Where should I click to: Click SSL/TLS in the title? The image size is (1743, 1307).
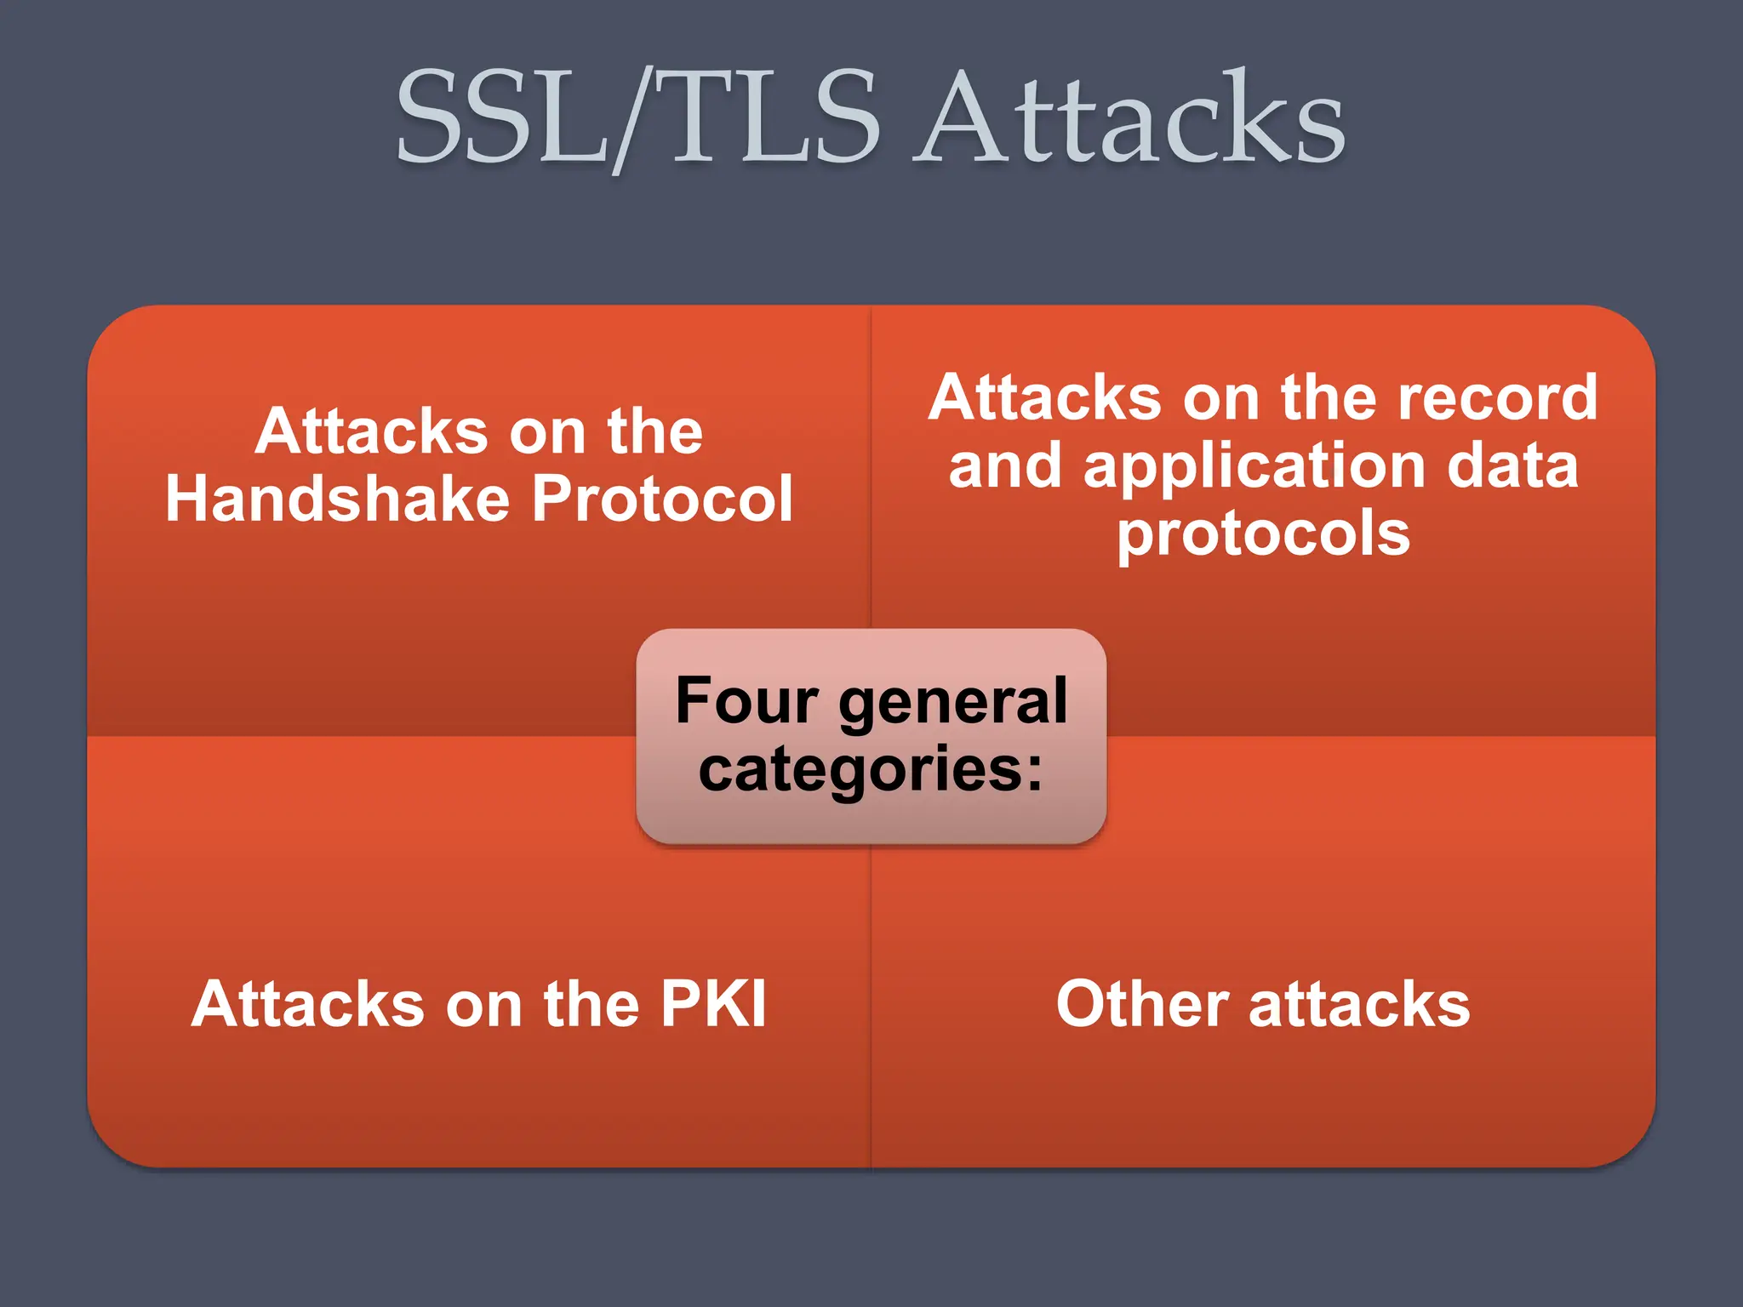pyautogui.click(x=638, y=119)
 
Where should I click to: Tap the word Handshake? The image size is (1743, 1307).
pyautogui.click(x=337, y=499)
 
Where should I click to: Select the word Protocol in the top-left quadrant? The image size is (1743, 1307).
pyautogui.click(x=662, y=499)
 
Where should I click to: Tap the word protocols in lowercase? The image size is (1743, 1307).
pyautogui.click(x=1263, y=534)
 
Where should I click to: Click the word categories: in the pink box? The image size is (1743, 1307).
pyautogui.click(x=871, y=769)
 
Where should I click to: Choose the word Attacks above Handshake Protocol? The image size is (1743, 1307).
pyautogui.click(x=371, y=431)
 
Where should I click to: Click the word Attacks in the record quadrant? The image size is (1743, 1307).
pyautogui.click(x=1045, y=398)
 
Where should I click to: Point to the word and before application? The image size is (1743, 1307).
pyautogui.click(x=1005, y=466)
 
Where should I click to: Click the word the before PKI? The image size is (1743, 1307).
pyautogui.click(x=591, y=1005)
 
